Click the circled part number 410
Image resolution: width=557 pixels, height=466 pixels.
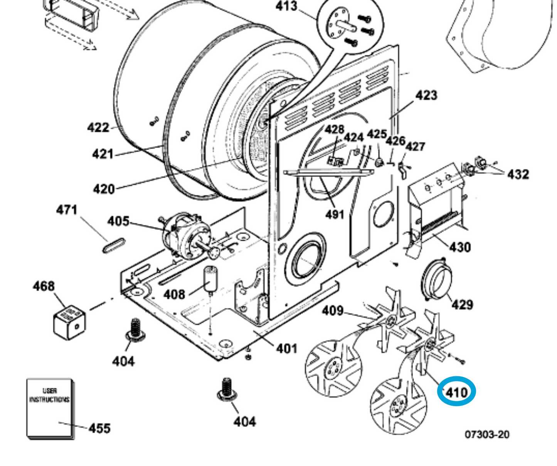[456, 392]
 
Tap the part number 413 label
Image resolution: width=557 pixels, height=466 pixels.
[286, 6]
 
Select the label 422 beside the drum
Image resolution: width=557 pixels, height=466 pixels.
[98, 127]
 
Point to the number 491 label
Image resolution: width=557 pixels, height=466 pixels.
[335, 214]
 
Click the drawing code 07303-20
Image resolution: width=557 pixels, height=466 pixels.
[487, 434]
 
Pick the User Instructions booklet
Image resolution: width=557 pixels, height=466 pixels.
[49, 408]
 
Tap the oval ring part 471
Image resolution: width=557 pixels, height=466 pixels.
[114, 246]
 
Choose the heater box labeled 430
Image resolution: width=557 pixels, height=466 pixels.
[435, 207]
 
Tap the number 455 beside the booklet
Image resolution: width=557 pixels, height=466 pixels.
[99, 428]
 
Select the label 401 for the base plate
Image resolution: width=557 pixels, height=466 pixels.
[286, 349]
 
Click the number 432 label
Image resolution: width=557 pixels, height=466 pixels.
[518, 174]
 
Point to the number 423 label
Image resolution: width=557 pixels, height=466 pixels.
[426, 95]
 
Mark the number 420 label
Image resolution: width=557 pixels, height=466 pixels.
[104, 189]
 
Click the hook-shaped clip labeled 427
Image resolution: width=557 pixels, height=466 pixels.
[402, 170]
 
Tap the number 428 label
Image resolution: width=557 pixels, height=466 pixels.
[334, 129]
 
